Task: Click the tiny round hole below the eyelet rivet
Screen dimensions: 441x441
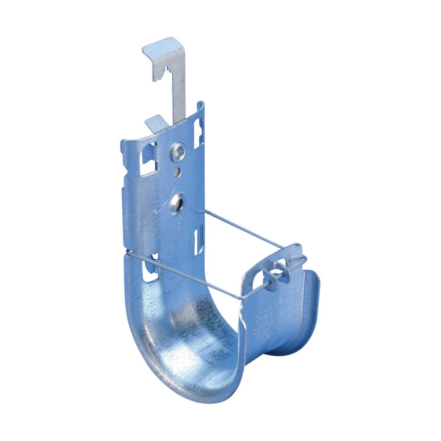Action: [176, 172]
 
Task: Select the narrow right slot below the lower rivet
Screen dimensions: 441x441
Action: [198, 238]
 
